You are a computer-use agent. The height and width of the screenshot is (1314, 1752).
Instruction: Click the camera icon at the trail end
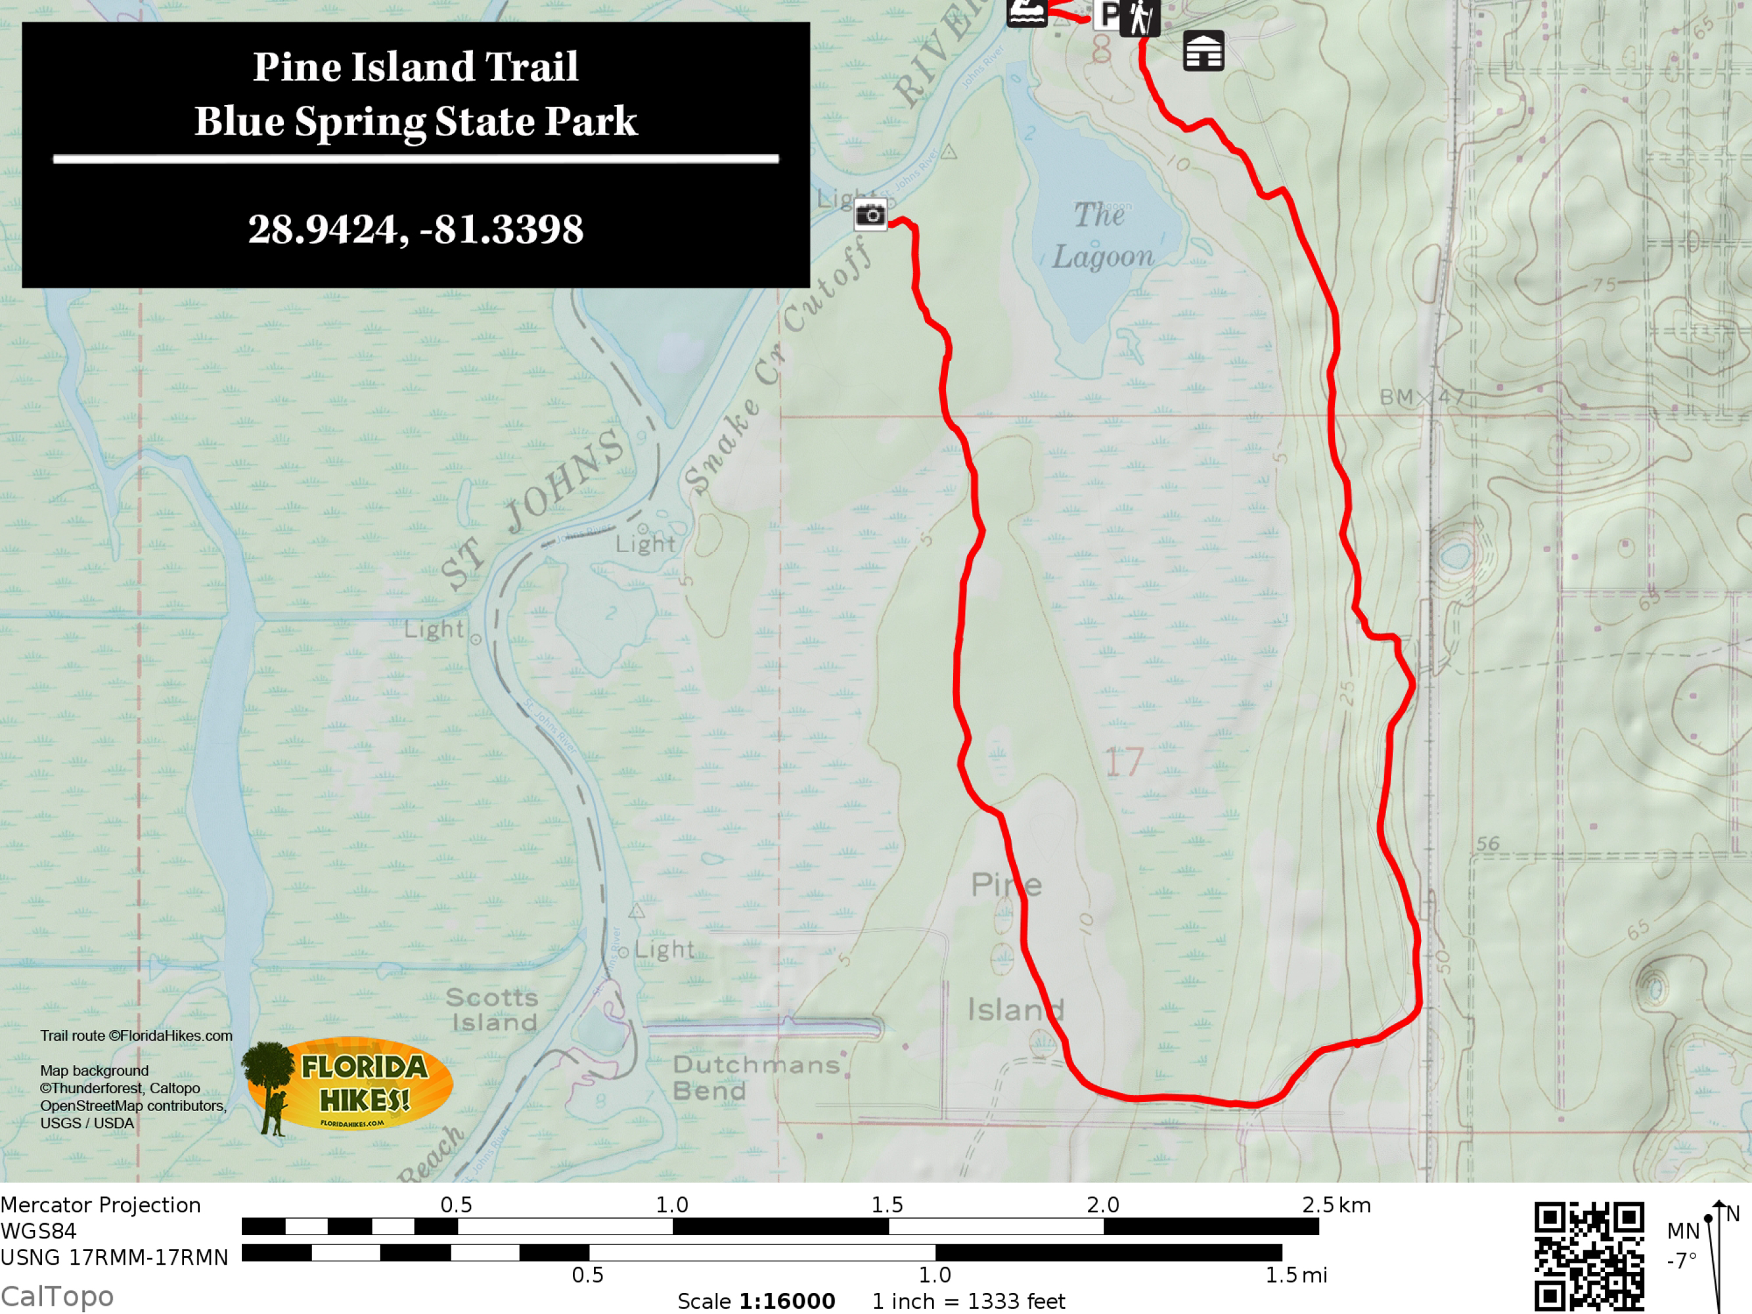870,215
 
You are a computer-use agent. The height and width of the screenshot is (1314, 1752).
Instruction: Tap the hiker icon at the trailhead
1140,18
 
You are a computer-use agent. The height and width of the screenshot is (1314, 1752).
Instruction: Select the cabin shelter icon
1203,51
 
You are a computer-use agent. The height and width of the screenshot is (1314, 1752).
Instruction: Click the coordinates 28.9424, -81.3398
416,230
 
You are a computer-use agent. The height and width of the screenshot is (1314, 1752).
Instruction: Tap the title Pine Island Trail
416,66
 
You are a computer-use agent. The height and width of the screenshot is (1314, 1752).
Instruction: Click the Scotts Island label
492,1010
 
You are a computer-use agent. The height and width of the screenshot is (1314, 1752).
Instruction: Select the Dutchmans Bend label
755,1078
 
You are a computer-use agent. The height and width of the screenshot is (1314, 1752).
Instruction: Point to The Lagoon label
1102,236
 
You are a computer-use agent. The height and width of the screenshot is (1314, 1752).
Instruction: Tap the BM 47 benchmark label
1422,397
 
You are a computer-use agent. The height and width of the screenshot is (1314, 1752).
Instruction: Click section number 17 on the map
1124,762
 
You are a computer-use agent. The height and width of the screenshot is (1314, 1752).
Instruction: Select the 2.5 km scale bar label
1336,1206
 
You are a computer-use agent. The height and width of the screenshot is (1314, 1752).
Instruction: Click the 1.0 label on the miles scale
935,1275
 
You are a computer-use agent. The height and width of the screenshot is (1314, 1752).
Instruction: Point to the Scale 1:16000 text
755,1302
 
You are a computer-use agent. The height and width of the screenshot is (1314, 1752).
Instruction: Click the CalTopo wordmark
57,1296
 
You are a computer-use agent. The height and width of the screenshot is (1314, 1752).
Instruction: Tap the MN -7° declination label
1682,1245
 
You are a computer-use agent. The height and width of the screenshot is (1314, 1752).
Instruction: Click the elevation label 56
1487,844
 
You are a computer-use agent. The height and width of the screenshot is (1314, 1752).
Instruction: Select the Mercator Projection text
101,1206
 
